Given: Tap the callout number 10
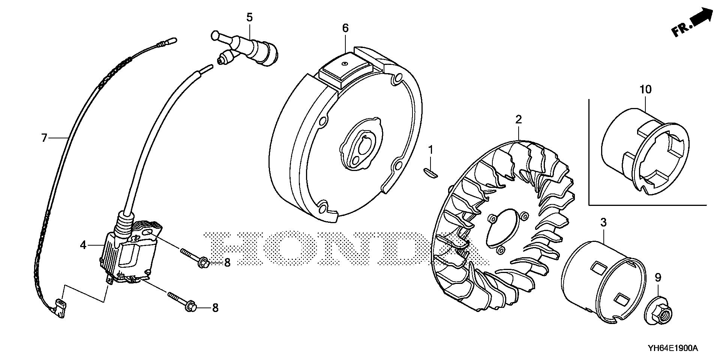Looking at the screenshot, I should tap(646, 90).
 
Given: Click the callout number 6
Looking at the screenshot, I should tap(345, 28).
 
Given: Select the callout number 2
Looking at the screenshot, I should tap(518, 120).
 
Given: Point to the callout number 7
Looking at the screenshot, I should tap(44, 138).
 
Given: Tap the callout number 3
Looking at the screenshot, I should tap(603, 223).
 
